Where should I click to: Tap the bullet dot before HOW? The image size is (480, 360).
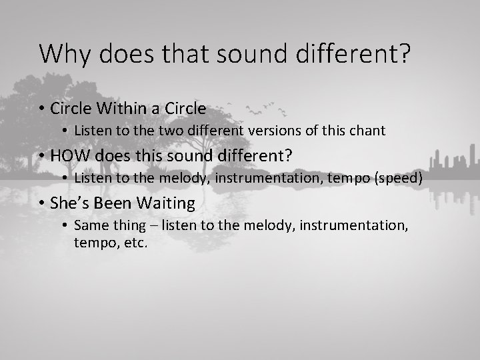pyautogui.click(x=42, y=155)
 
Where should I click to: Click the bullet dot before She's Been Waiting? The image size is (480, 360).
pyautogui.click(x=42, y=203)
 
